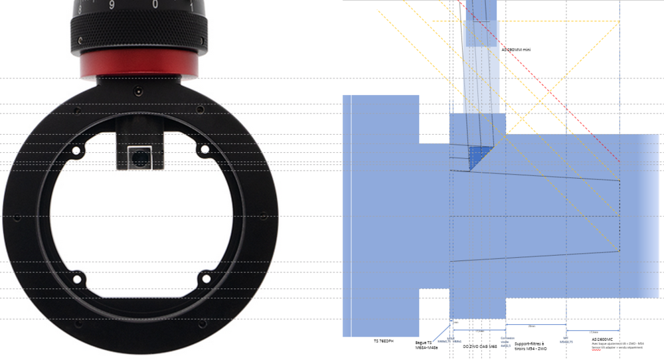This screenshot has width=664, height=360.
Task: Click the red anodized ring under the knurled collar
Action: tap(139, 64)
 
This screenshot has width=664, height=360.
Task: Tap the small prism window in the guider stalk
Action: tap(139, 157)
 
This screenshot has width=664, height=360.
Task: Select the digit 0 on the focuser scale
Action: tap(155, 4)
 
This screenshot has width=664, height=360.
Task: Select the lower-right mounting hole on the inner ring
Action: tap(204, 278)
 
